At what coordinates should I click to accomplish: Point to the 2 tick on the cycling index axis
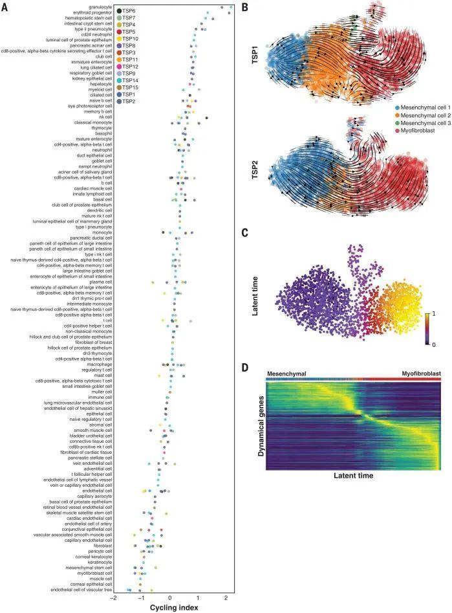point(226,598)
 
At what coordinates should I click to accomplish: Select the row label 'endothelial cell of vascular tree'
point(82,590)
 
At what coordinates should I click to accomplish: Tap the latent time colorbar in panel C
point(428,328)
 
